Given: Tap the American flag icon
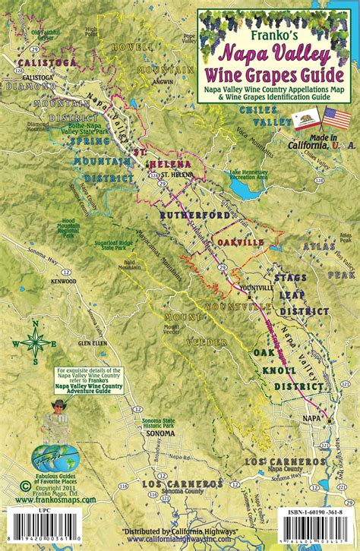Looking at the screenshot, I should [336, 119].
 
